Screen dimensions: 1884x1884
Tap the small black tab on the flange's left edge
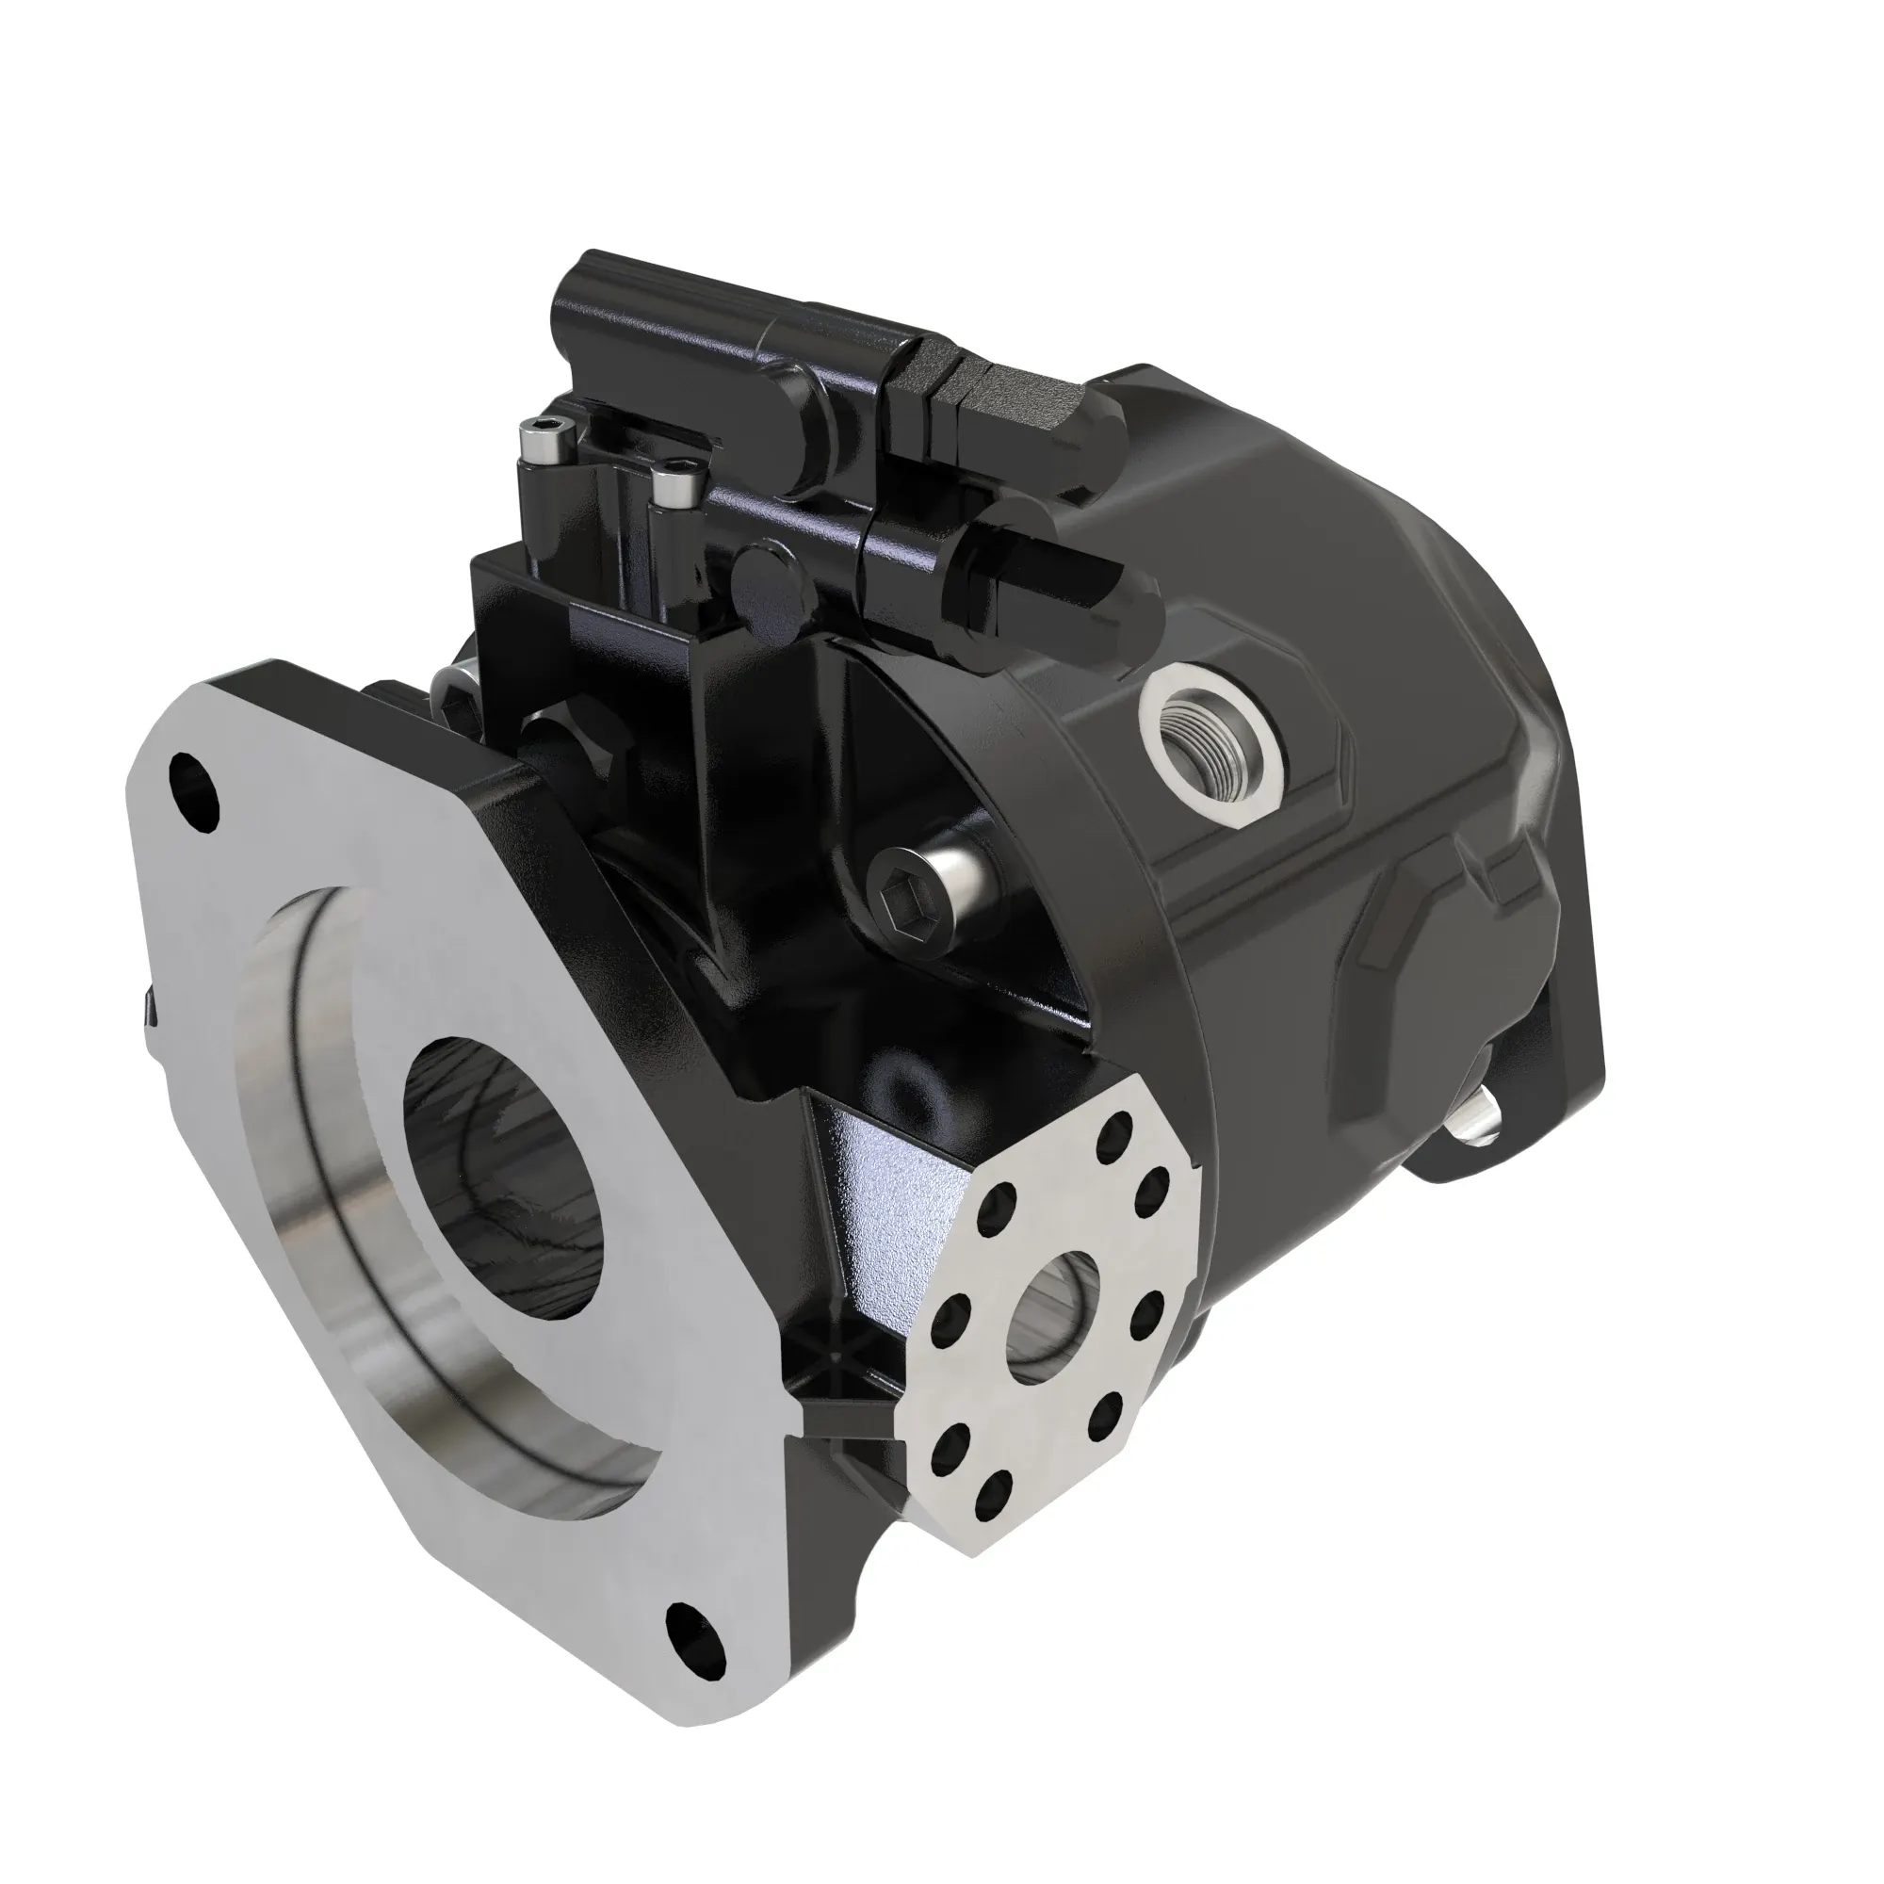pyautogui.click(x=148, y=1007)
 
